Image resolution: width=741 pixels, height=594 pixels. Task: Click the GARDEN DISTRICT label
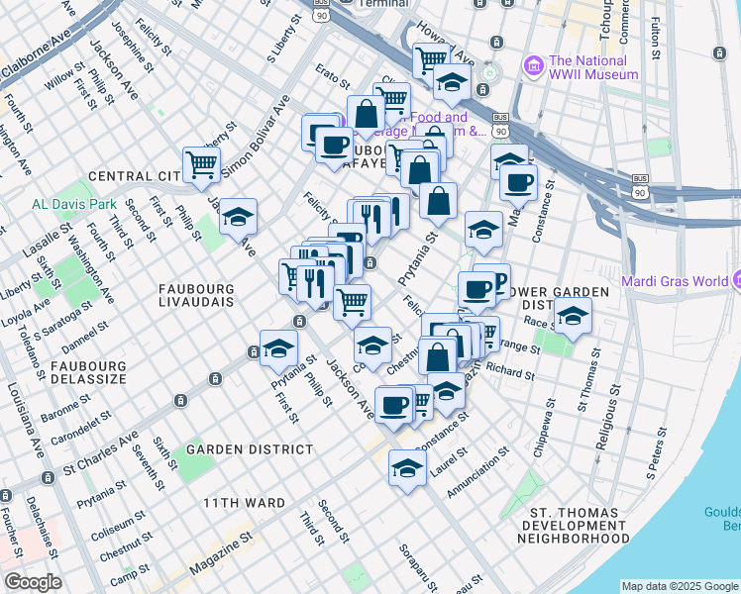(x=250, y=449)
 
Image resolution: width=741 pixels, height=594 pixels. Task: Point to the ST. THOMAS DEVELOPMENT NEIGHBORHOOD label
(x=575, y=526)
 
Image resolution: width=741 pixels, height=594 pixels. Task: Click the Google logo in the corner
(x=33, y=582)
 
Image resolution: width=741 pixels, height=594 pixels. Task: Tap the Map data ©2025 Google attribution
(x=679, y=586)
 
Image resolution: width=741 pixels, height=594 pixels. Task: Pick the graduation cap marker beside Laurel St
(x=406, y=466)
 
